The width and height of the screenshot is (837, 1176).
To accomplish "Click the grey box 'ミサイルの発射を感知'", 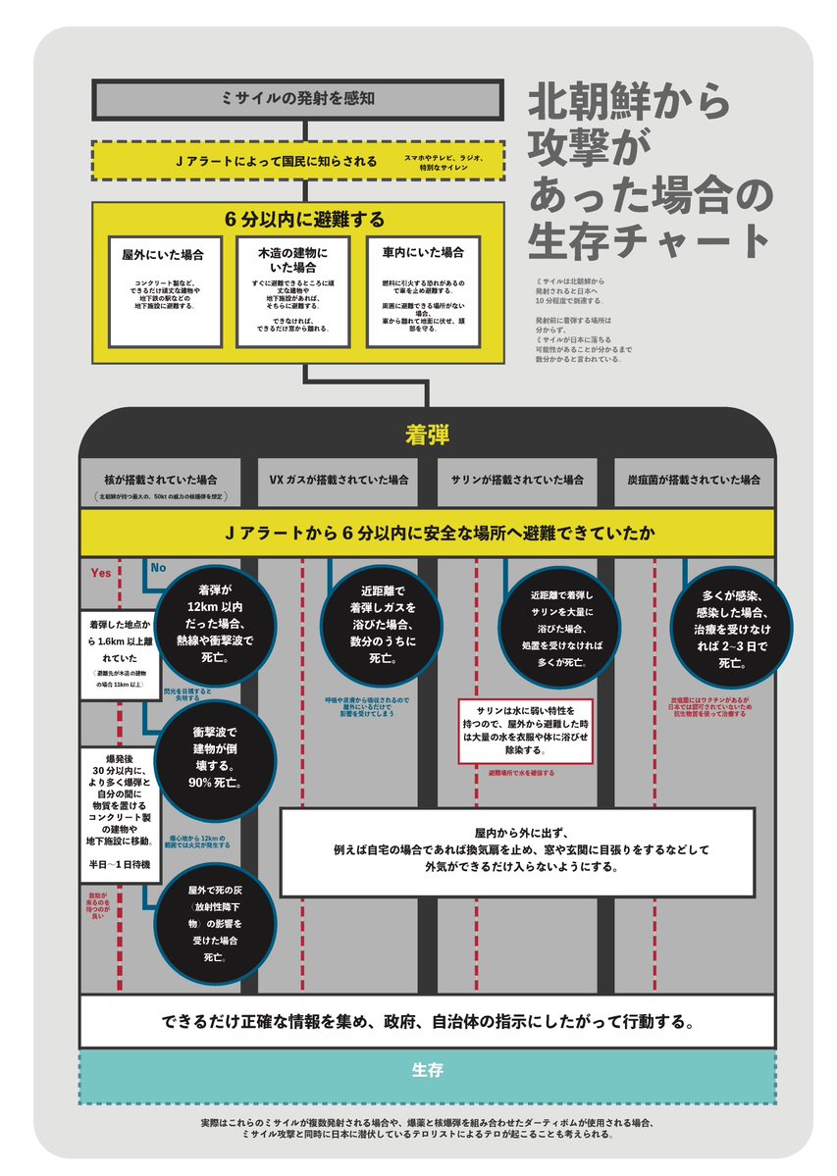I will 298,98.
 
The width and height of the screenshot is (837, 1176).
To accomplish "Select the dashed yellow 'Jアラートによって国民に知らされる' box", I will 298,160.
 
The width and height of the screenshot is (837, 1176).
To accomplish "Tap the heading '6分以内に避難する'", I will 298,219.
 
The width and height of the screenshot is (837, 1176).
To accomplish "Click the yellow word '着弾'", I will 427,435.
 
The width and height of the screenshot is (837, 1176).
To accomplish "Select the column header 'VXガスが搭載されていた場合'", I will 339,481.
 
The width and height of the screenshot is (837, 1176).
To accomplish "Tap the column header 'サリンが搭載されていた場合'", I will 517,481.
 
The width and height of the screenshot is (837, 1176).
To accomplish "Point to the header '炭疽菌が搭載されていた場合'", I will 695,481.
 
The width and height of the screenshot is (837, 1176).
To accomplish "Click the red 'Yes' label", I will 100,573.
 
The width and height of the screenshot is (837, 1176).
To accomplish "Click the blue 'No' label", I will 158,567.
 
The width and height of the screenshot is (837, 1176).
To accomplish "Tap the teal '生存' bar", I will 427,1069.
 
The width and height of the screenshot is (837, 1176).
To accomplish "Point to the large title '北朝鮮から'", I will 628,101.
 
